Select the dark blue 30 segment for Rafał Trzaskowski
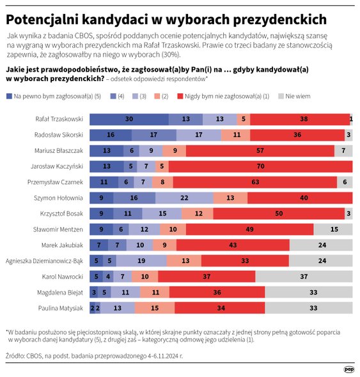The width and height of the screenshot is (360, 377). (129, 119)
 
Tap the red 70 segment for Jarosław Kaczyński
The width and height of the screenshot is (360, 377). (260, 166)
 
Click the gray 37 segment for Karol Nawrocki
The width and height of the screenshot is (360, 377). (304, 276)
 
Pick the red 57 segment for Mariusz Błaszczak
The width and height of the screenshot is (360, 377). (260, 151)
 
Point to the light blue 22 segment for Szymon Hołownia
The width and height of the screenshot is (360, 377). (184, 197)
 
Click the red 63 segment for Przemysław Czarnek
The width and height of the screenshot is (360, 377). (254, 182)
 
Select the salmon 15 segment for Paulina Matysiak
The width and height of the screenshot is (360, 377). (155, 307)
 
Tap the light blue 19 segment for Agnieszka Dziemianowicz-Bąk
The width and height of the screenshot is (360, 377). (141, 261)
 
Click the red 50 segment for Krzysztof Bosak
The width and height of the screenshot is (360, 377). (279, 213)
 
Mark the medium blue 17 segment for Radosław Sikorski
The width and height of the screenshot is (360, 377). (154, 135)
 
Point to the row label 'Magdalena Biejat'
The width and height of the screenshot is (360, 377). (59, 292)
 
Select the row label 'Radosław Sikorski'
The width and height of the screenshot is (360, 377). (59, 135)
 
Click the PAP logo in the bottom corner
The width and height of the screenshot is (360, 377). (348, 368)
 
